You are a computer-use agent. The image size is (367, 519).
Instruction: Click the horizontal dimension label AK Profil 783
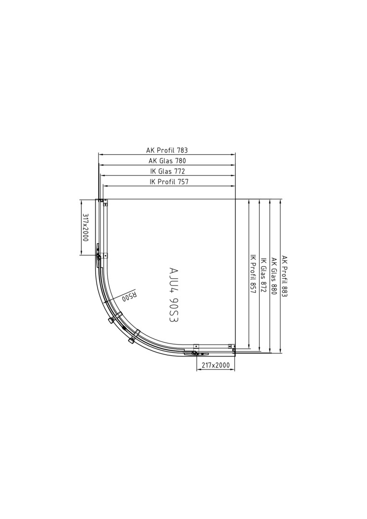[167, 150]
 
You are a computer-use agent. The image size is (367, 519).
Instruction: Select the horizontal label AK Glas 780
[167, 161]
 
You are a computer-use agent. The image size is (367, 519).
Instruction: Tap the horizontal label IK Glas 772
[167, 171]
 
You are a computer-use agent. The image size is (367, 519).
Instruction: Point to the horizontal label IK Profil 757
[169, 181]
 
